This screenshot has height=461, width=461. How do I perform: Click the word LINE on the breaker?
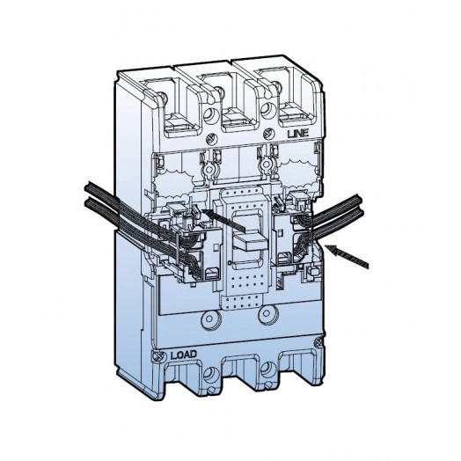[298, 134]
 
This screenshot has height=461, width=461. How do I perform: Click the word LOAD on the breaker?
[184, 355]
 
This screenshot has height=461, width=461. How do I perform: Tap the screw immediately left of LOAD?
[157, 355]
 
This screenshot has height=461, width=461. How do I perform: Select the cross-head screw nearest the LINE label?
[268, 134]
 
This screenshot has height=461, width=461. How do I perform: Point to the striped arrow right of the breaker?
[348, 256]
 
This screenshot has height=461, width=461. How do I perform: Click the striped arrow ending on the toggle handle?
[223, 220]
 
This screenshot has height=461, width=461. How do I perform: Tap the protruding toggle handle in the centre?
[249, 240]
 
